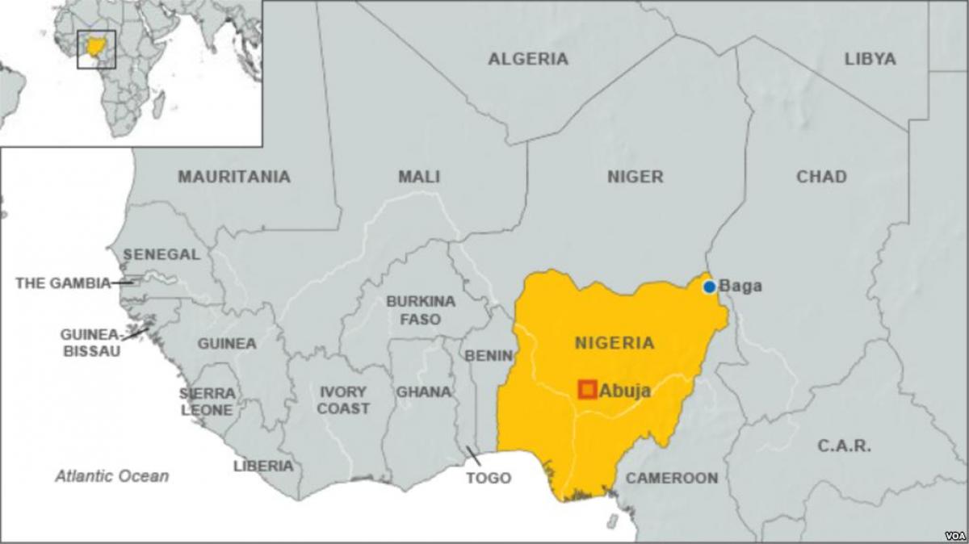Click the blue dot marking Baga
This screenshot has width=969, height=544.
(x=709, y=287)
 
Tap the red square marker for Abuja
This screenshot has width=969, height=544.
(x=587, y=390)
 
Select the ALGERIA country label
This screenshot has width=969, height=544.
(x=528, y=59)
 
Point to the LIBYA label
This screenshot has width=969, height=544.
(x=870, y=59)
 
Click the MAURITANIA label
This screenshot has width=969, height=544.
(x=234, y=177)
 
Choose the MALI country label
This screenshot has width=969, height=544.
(x=418, y=177)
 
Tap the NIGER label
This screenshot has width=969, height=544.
(x=635, y=177)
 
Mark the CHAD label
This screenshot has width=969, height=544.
(x=821, y=177)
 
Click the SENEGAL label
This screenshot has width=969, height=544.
(x=161, y=254)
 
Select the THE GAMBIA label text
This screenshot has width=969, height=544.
(x=63, y=283)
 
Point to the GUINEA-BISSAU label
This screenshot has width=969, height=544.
(x=90, y=343)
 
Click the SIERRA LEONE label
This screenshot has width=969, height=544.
(x=207, y=401)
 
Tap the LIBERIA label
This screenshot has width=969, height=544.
(x=263, y=466)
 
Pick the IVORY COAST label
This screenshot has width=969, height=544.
(x=343, y=400)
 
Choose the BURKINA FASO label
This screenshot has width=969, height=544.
(x=420, y=310)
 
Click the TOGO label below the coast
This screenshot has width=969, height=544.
(x=489, y=478)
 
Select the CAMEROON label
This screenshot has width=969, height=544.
(x=672, y=478)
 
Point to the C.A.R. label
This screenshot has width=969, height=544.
(x=844, y=446)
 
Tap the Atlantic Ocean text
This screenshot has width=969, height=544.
(x=112, y=476)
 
